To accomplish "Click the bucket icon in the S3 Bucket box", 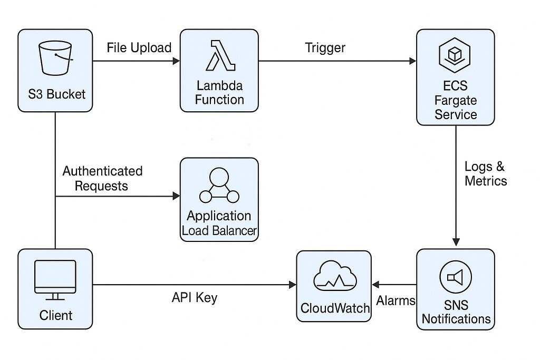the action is point(55,58).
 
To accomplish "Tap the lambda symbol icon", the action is point(220,55).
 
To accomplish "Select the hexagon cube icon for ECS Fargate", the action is point(455,55).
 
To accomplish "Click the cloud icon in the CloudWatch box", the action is point(334,276).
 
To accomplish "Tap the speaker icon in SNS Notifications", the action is point(455,277).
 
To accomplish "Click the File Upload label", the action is point(139,47).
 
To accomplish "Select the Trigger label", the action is point(325,47).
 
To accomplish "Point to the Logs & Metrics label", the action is point(486,174).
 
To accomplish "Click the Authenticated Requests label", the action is point(102,178).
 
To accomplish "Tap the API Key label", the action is point(195,298).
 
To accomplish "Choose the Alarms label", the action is point(396,300).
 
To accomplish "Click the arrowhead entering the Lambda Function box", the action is point(176,61).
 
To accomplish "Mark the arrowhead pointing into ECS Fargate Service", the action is point(412,61).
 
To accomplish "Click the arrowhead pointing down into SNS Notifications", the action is point(456,241).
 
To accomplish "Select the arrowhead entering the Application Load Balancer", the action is point(176,196).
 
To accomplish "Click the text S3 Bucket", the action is point(56,94).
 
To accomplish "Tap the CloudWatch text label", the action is point(335,308).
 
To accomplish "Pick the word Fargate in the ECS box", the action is point(455,100).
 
